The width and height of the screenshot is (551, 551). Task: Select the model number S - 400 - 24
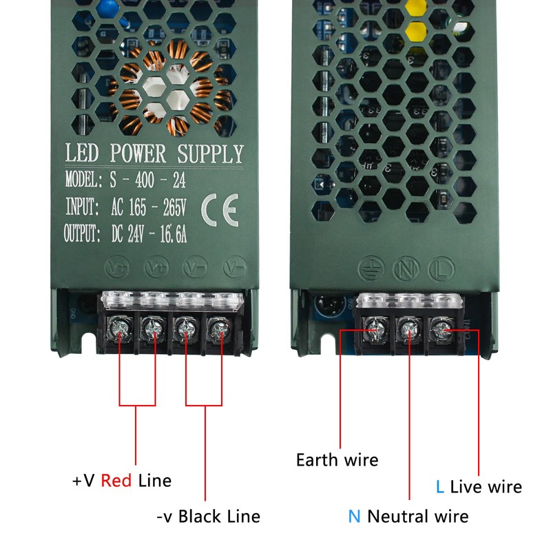pos(147,180)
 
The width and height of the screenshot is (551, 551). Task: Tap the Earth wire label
pos(337,459)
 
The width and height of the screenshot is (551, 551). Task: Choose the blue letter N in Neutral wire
pos(354,516)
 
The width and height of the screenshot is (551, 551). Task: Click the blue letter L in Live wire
pos(439,487)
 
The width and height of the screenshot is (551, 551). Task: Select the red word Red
pos(116,480)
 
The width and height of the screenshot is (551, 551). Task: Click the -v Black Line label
pos(207,516)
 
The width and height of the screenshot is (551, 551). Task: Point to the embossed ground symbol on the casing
pos(374,267)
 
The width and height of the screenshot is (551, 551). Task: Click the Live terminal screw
pos(441,329)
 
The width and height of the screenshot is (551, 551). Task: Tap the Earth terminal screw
pos(377,329)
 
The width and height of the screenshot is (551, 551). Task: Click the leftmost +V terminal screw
pos(120,329)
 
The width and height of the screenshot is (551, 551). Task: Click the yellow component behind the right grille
pos(415,31)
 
